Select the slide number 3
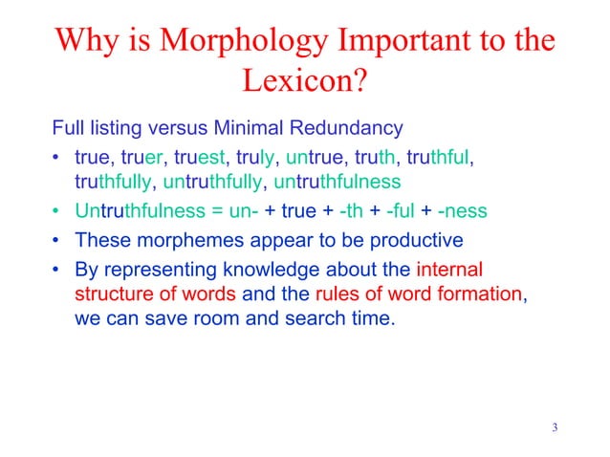555,426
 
